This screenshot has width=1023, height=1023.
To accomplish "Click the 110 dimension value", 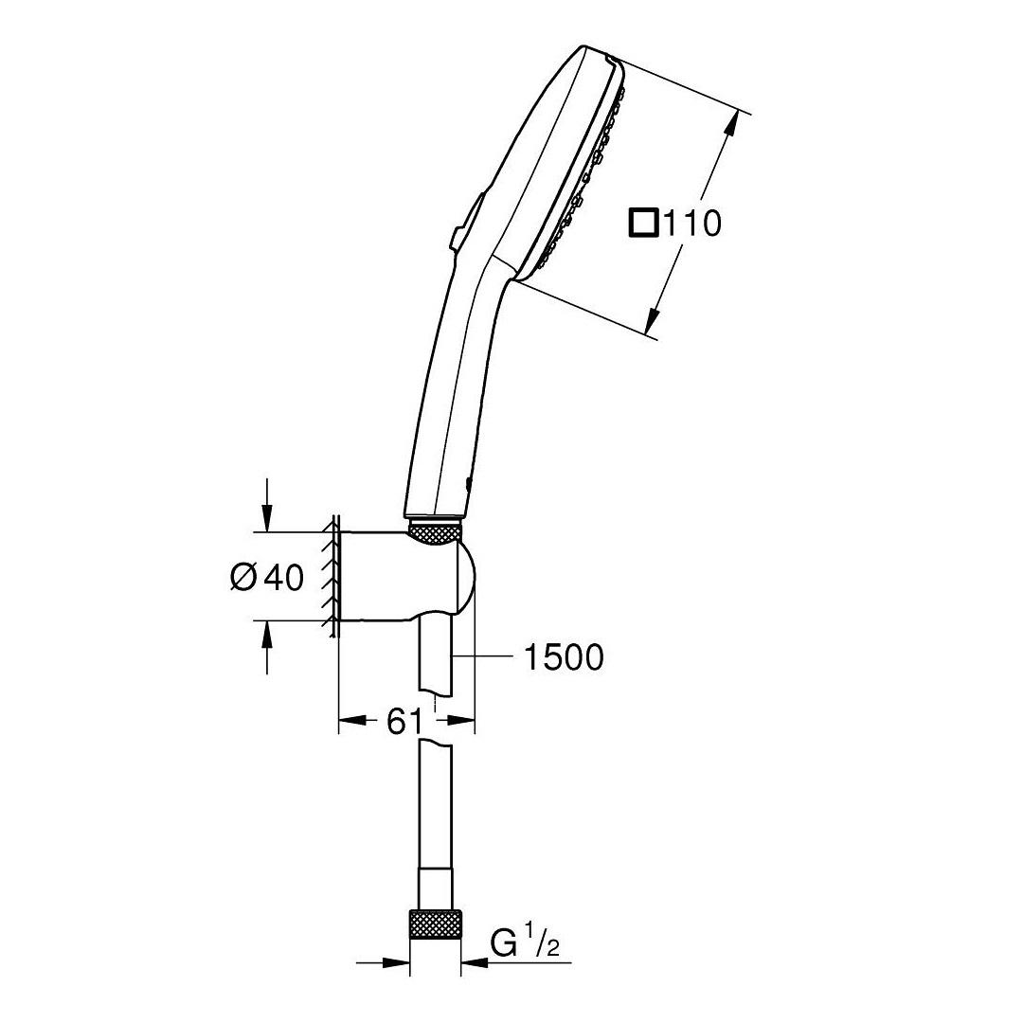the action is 692,224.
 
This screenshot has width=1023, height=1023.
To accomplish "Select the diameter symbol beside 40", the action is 245,578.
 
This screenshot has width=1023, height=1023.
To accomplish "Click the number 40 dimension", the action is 284,578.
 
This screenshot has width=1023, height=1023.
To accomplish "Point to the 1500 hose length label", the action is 565,657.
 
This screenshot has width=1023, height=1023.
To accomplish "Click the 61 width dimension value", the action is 404,722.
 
